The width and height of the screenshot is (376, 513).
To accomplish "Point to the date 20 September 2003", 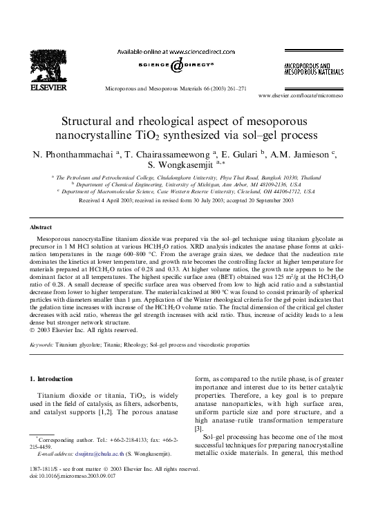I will pyautogui.click(x=268, y=199).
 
